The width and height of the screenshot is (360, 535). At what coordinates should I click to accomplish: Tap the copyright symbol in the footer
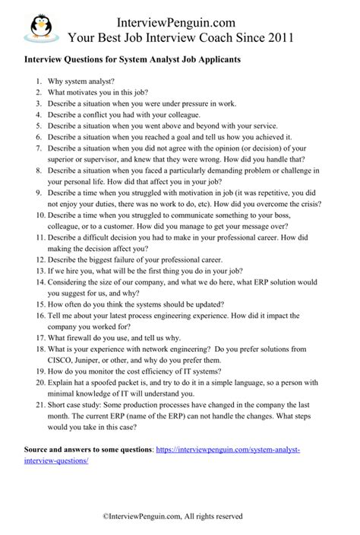tap(106, 516)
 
